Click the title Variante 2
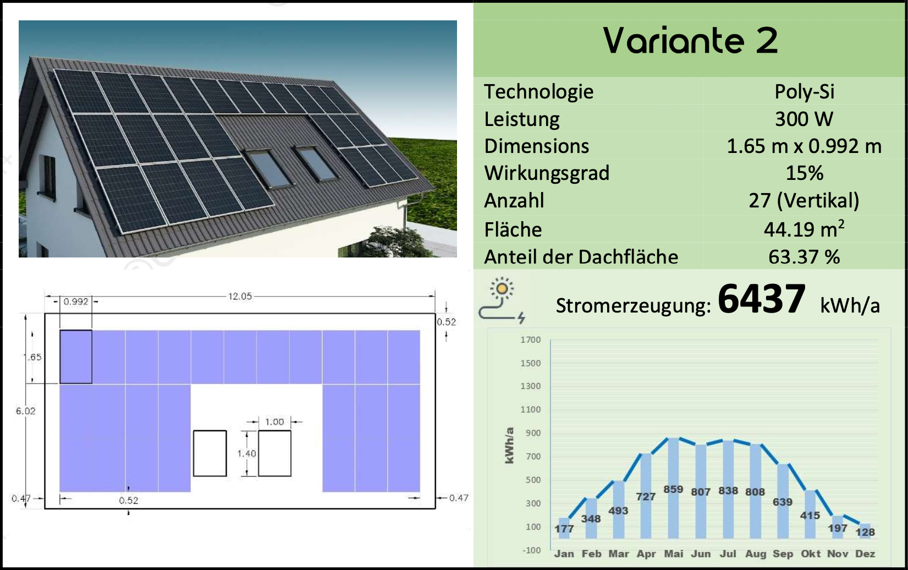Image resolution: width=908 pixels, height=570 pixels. [690, 41]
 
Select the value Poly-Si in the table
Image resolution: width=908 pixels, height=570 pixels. [804, 92]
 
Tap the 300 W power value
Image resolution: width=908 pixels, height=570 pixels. [804, 119]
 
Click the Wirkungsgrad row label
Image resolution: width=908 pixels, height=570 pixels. [547, 173]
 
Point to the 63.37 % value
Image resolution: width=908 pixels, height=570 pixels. [804, 257]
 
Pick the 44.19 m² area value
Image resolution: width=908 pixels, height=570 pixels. [804, 229]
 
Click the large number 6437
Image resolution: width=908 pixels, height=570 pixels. [761, 299]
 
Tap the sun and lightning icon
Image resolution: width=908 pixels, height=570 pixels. [502, 300]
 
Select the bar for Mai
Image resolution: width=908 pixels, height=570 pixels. [673, 488]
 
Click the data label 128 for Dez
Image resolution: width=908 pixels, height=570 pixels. [865, 532]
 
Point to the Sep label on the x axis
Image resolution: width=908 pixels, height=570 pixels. [783, 554]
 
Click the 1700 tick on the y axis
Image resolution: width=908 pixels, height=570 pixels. [531, 339]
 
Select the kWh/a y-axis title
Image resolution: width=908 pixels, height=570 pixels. [509, 446]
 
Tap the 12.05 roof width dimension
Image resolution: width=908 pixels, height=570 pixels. [240, 297]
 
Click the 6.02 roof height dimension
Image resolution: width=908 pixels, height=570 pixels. [25, 411]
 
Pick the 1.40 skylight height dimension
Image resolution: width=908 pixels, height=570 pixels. [246, 453]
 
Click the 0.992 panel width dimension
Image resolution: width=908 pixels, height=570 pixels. [76, 302]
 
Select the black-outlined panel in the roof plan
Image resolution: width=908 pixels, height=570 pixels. [76, 357]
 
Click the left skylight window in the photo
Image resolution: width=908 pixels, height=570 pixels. [269, 168]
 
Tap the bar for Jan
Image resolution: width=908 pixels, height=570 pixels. [564, 528]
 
